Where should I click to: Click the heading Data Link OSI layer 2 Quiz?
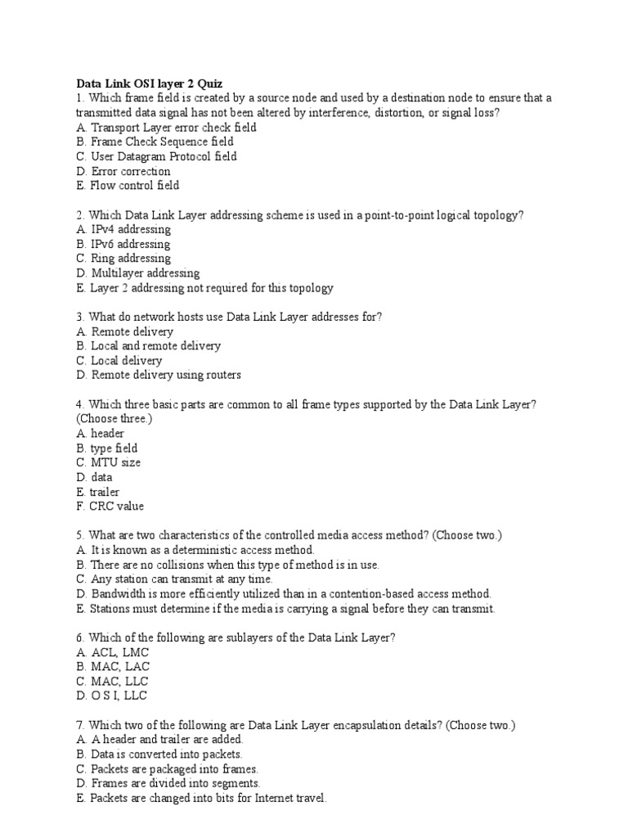coord(149,83)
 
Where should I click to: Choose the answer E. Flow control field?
coord(128,186)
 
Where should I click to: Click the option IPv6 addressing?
coord(123,244)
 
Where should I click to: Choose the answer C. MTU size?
coord(108,462)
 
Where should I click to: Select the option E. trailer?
coord(97,492)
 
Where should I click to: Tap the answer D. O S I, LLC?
coord(112,696)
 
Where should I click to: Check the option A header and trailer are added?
coord(159,740)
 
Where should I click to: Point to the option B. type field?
coord(106,448)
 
